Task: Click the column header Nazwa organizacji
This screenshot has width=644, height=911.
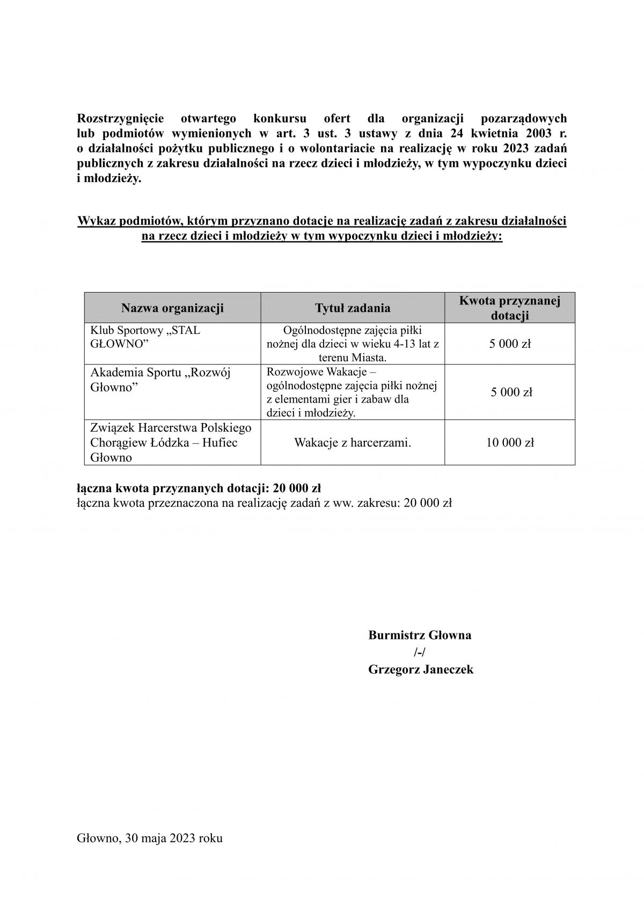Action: (172, 308)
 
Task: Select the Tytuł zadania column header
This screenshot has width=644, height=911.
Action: (353, 308)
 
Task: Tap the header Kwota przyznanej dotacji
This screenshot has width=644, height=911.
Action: (509, 308)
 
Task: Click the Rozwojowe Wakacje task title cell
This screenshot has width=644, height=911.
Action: (352, 392)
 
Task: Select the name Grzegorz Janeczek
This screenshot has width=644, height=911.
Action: (421, 669)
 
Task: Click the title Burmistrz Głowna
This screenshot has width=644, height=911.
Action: (420, 636)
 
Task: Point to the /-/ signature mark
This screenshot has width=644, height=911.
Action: (420, 653)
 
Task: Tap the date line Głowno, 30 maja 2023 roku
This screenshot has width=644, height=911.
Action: (150, 838)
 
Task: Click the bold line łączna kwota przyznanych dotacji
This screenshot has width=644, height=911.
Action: (199, 489)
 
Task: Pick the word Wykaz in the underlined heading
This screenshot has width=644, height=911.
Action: (94, 221)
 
